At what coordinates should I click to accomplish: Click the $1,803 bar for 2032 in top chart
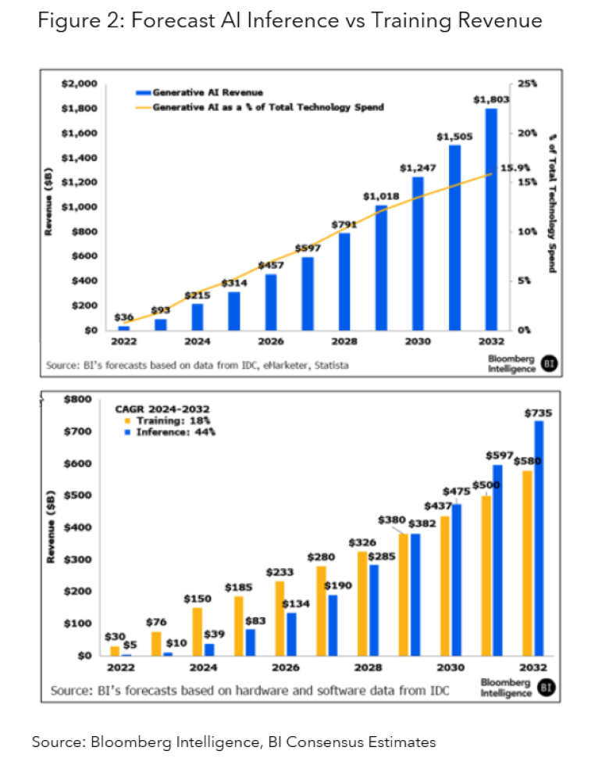490,219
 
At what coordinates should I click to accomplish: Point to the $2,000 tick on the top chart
78,83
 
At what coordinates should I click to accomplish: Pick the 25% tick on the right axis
527,83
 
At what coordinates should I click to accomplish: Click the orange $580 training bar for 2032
527,563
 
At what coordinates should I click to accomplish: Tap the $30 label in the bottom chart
115,636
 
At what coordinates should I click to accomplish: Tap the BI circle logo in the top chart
550,364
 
